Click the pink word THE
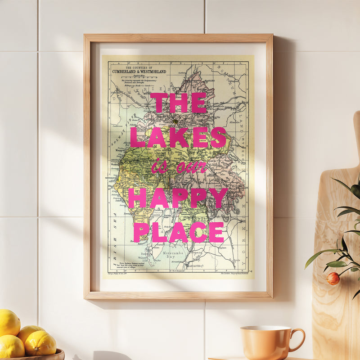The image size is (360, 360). pos(178,103)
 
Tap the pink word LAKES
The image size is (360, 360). pos(178,137)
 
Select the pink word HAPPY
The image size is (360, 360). pos(177,198)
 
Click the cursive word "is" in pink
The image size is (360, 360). pos(158,168)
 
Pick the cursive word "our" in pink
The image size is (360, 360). pos(191,168)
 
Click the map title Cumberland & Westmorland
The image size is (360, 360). pos(139,71)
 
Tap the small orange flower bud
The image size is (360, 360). pos(333,279)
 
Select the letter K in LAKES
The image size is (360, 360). pos(179,137)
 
